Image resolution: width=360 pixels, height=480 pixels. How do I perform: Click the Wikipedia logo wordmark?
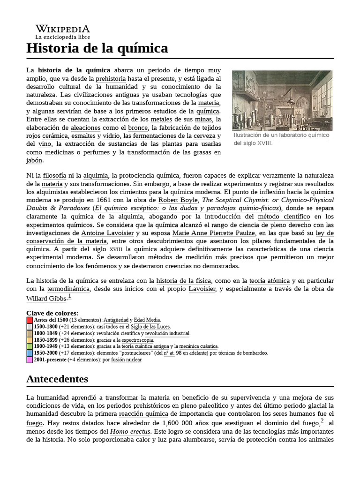coord(62,29)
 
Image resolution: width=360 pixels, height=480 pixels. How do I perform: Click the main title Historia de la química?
coord(97,48)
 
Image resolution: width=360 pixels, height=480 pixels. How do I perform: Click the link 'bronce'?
coord(137,127)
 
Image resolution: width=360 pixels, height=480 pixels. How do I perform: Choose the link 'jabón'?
coord(34,160)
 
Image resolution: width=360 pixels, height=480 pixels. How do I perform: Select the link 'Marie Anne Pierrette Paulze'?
coord(213,233)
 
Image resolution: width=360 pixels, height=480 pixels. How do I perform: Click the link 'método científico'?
coord(284,217)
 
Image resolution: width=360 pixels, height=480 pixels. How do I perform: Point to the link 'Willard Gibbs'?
coord(46,298)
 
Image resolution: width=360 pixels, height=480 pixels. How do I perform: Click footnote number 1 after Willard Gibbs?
coord(70,296)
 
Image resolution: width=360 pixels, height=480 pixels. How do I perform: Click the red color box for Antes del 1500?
coord(30,320)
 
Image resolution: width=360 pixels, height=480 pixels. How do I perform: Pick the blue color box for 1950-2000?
coord(30,353)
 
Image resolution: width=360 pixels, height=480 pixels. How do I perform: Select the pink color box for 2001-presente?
coord(30,360)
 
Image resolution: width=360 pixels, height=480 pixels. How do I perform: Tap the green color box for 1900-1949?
coord(30,346)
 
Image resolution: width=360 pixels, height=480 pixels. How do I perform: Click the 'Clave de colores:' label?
coord(52,313)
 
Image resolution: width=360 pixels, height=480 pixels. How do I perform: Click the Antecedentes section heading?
coord(57,378)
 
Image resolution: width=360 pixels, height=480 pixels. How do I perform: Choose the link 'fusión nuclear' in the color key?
coord(126,360)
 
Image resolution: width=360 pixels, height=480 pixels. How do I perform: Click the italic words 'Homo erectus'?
coord(130,431)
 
